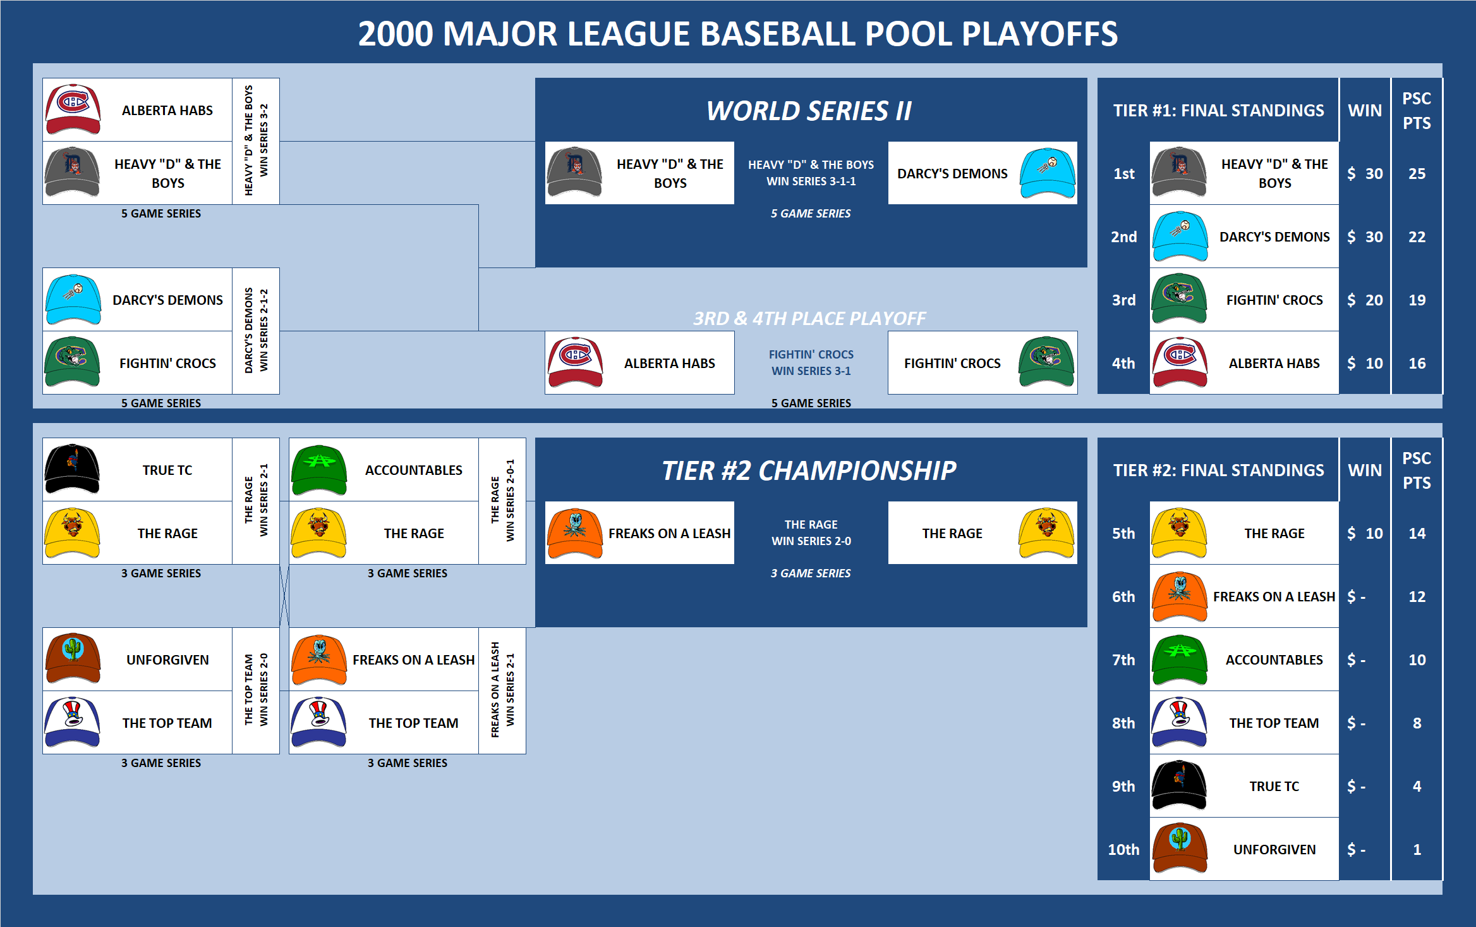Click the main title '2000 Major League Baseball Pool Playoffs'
[737, 34]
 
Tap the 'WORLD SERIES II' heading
[809, 111]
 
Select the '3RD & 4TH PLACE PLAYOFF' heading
[809, 318]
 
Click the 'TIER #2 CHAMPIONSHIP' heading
[809, 470]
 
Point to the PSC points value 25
[1417, 174]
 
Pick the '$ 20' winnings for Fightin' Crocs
[1365, 300]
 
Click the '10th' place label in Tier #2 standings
[1123, 849]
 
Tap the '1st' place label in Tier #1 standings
[1123, 174]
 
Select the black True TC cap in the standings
[1179, 786]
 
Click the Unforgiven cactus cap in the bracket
[73, 658]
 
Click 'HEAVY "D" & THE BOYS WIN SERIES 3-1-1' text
[811, 173]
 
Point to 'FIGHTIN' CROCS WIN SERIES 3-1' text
[811, 363]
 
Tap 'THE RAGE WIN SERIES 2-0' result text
[811, 533]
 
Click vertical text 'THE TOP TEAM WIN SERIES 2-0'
[256, 691]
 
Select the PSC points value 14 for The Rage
[1417, 534]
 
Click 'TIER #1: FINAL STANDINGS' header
[1218, 111]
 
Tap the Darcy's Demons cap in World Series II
[1047, 173]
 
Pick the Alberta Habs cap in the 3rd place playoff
[576, 362]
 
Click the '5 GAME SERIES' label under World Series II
[811, 214]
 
